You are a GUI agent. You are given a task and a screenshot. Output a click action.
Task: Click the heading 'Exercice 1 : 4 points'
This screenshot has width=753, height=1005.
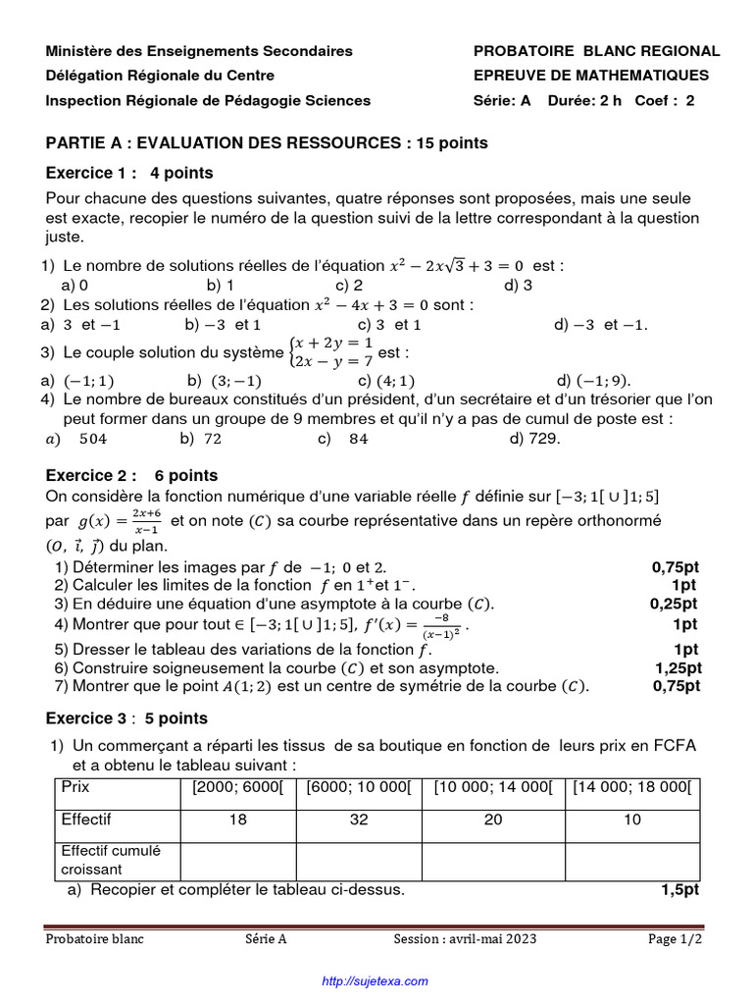click(x=129, y=174)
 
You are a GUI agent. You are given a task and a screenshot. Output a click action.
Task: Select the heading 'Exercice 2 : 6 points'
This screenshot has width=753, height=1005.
click(x=132, y=476)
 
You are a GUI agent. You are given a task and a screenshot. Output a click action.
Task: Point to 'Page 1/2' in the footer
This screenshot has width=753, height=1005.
click(x=676, y=939)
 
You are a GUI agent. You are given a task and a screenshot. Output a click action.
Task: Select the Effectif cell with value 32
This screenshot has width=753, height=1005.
click(x=358, y=820)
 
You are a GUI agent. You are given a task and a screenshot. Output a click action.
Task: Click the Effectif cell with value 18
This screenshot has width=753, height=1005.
click(x=237, y=820)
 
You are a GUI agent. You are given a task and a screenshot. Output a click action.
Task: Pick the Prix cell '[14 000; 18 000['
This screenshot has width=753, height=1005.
click(x=632, y=787)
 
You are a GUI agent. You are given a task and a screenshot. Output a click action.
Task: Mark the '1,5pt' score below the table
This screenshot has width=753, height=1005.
click(x=679, y=890)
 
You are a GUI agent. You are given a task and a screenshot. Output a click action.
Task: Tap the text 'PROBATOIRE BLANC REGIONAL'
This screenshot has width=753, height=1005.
click(x=596, y=51)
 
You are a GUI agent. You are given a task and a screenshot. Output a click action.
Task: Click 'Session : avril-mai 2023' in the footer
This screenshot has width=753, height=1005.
click(x=465, y=939)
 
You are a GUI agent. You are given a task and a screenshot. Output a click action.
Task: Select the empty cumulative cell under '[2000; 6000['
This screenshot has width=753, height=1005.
click(x=237, y=860)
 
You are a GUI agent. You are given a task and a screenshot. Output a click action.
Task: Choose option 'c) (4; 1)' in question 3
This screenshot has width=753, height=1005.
click(x=387, y=381)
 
